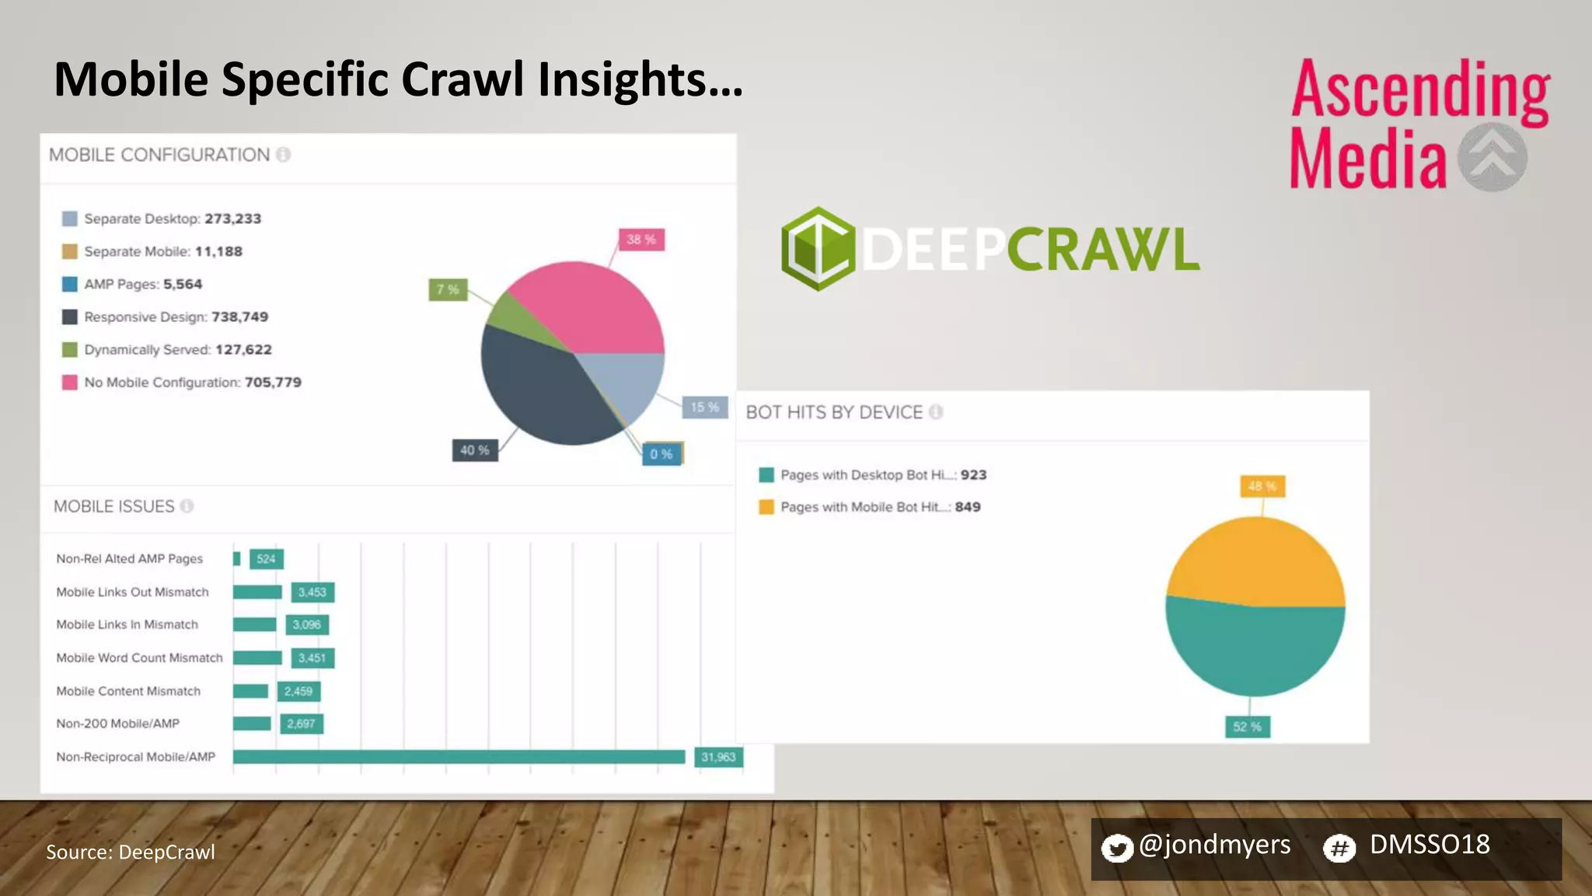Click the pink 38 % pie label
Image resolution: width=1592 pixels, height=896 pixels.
click(641, 240)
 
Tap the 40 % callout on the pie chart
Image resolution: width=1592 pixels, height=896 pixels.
click(474, 450)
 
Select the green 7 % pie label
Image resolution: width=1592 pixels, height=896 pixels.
click(448, 289)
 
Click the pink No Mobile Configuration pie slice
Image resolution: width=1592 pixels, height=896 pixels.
click(591, 307)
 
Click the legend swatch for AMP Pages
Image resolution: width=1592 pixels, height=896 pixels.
click(70, 285)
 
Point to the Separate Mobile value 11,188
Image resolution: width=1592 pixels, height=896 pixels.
click(218, 251)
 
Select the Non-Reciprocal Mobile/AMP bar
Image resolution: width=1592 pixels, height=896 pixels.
click(459, 757)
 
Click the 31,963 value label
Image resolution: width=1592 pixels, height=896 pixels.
click(718, 757)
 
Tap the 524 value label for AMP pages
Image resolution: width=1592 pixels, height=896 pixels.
click(266, 558)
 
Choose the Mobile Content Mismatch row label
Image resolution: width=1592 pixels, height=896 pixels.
click(128, 691)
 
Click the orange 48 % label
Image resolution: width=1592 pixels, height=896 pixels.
click(1262, 486)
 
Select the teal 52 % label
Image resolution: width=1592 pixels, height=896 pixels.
click(1247, 726)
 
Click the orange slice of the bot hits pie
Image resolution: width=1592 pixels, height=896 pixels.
click(1255, 560)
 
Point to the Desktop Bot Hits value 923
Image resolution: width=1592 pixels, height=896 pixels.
click(973, 474)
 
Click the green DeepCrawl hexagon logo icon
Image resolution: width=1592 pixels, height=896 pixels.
click(817, 249)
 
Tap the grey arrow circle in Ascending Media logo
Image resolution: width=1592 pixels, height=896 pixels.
click(1492, 157)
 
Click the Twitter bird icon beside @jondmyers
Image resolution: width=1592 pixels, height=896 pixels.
click(1117, 848)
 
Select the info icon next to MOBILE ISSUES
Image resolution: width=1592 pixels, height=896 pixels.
click(187, 506)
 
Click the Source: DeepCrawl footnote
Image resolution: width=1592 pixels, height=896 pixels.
click(131, 852)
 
